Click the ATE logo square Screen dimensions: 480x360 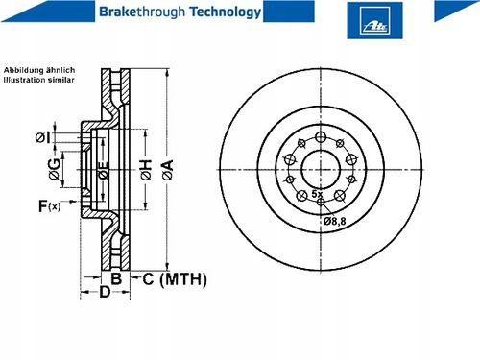(x=374, y=20)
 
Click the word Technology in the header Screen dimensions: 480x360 (x=226, y=12)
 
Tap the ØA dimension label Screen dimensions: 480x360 (x=168, y=170)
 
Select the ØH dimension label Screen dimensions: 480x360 (x=146, y=170)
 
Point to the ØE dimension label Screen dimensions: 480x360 (x=103, y=170)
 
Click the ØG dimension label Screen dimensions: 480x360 (x=55, y=169)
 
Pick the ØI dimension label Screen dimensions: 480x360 (x=42, y=138)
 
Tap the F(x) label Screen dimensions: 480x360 (x=49, y=206)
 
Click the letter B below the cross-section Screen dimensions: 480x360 (x=116, y=278)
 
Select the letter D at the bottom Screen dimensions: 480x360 (x=105, y=292)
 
